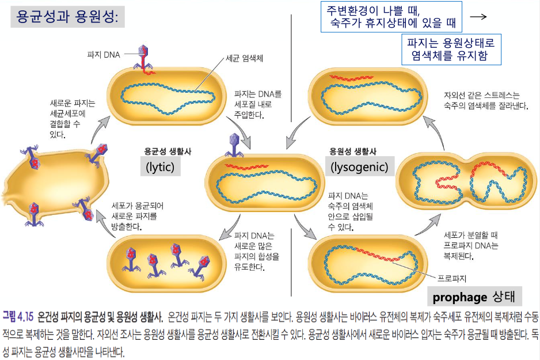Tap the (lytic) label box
point(161,166)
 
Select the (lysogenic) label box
point(359,166)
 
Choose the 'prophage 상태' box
point(477,297)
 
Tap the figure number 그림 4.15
point(18,317)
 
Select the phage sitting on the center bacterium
point(233,144)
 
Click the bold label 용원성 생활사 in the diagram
point(352,151)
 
